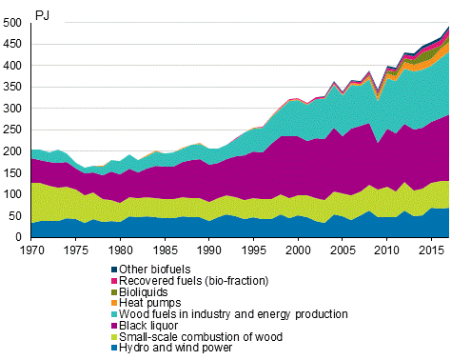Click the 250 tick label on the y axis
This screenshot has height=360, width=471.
(13, 130)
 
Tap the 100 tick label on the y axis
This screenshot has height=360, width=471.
(13, 194)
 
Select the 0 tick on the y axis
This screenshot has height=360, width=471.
(20, 237)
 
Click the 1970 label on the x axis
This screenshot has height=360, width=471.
(31, 250)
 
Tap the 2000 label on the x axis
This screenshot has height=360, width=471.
(298, 250)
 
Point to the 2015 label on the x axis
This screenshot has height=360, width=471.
(431, 250)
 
